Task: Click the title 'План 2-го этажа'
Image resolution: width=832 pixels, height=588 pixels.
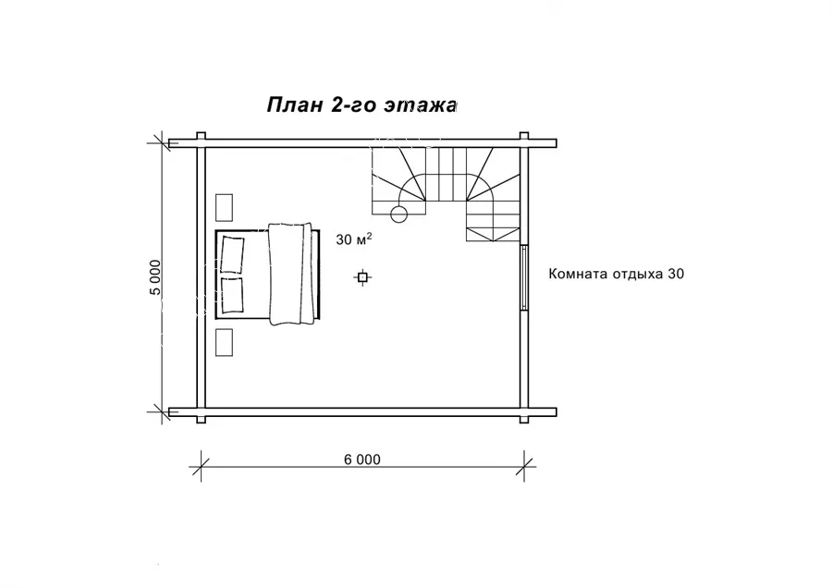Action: (361, 105)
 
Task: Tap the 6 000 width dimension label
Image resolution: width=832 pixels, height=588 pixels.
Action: (362, 459)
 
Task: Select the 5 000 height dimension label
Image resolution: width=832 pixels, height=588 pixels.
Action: (155, 277)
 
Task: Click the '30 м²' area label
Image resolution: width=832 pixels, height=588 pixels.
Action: (354, 239)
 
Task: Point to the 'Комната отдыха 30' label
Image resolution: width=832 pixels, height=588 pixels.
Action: (616, 274)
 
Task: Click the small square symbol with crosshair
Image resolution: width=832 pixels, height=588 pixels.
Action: (362, 277)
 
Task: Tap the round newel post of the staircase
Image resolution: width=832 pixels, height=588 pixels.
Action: (398, 214)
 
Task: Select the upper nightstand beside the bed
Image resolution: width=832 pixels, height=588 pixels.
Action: (224, 207)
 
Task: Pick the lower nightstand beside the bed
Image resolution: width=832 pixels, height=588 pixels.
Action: (224, 342)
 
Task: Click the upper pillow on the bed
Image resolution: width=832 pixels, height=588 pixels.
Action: (232, 255)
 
